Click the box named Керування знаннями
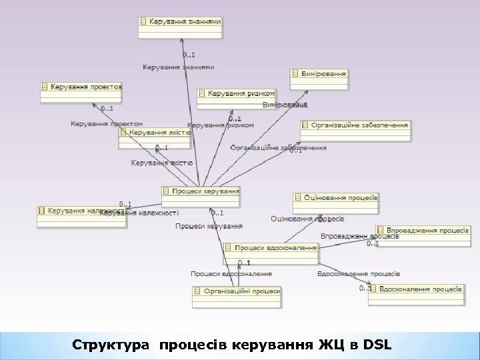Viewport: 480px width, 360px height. (x=180, y=21)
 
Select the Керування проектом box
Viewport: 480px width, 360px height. (x=81, y=87)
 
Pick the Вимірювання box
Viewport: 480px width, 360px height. (x=319, y=73)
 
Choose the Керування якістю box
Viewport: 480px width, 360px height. (x=156, y=133)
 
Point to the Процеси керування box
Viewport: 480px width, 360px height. (x=201, y=191)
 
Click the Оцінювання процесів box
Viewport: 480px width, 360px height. (x=336, y=198)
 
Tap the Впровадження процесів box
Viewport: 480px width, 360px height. (x=423, y=230)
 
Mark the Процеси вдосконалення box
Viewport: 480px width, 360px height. (x=271, y=248)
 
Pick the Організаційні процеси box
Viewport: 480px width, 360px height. (x=237, y=291)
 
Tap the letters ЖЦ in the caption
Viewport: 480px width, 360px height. (x=326, y=345)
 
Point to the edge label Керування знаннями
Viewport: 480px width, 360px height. (x=179, y=67)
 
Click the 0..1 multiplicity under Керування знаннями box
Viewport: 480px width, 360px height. (x=189, y=55)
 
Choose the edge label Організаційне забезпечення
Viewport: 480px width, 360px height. (x=278, y=147)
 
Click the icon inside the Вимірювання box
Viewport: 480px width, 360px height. (x=296, y=73)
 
